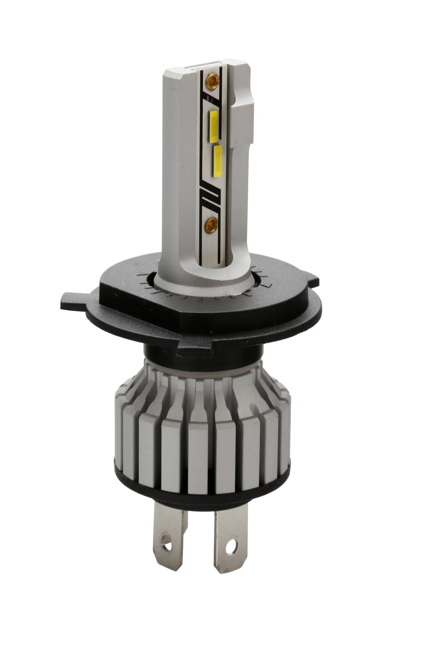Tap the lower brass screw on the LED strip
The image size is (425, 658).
tap(212, 223)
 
